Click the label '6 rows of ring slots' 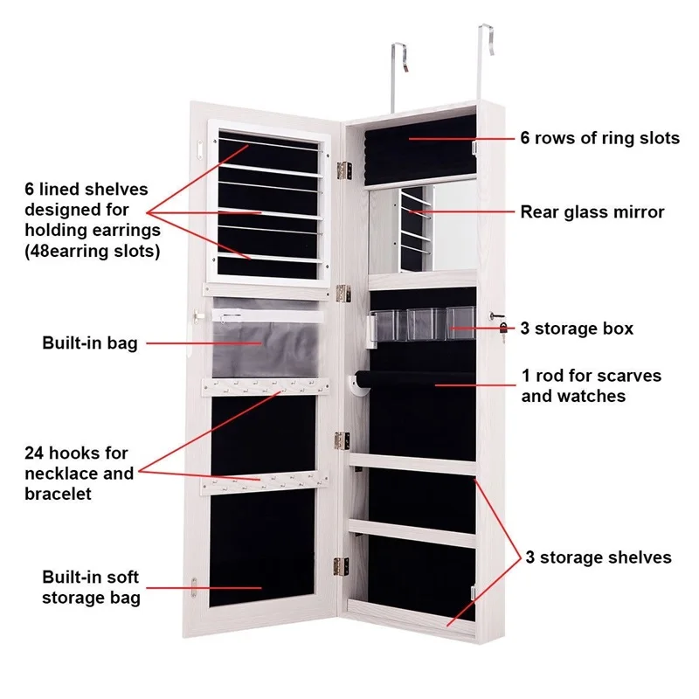click(599, 138)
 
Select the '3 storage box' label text click(577, 329)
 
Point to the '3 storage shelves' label click(598, 557)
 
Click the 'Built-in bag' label click(90, 343)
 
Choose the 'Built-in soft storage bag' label click(91, 587)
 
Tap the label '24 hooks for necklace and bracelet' click(80, 473)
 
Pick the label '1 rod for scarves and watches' click(592, 385)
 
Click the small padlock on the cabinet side click(504, 329)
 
